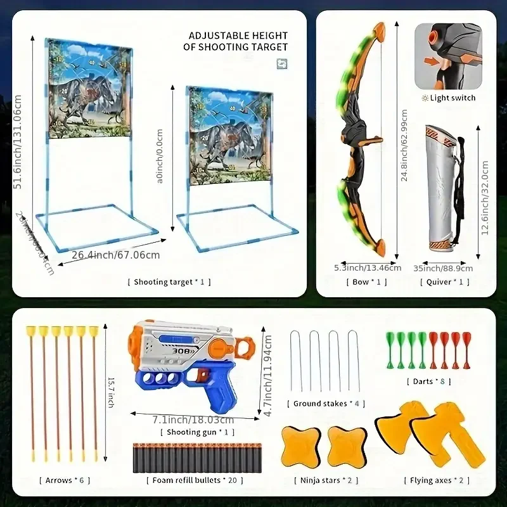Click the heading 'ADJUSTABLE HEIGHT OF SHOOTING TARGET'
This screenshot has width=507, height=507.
235,41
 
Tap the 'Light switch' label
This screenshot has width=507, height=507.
452,98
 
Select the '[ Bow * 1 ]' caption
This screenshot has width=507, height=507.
368,282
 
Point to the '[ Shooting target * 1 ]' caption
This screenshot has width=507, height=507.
169,282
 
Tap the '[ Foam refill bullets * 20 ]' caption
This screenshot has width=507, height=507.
195,480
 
